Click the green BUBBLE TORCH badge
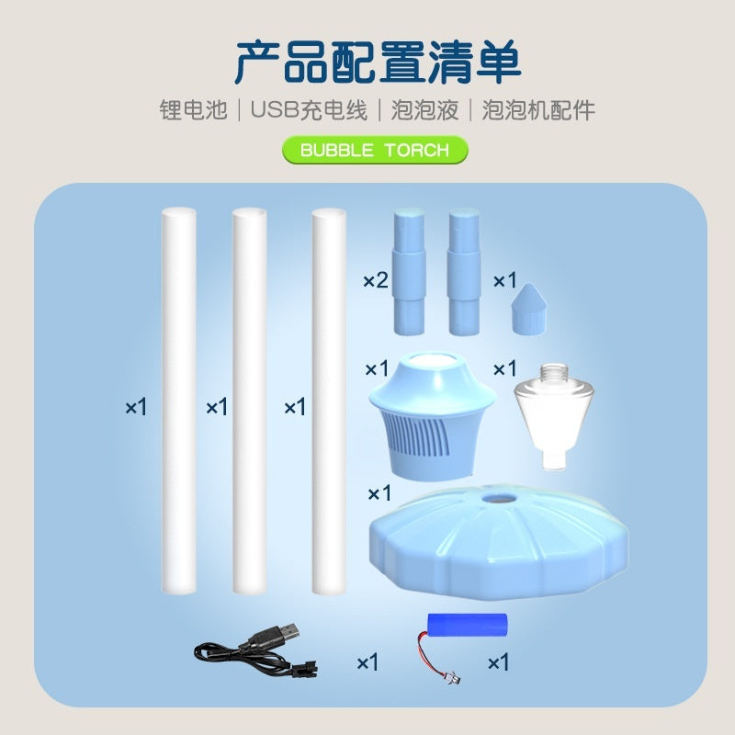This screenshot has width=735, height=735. (375, 150)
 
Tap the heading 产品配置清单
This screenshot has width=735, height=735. (378, 62)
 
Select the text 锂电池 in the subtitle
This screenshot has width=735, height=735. (193, 110)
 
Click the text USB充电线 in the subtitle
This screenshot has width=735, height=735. (309, 110)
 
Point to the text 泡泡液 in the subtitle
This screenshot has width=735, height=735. (424, 110)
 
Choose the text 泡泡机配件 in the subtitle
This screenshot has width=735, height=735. (538, 110)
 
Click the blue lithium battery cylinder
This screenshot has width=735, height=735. (468, 624)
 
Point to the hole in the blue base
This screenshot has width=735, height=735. (498, 499)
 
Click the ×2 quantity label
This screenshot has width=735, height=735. (376, 280)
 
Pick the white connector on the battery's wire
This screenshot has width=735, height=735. (451, 679)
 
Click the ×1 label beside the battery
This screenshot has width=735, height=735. (498, 662)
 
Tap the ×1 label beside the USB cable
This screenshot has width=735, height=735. (367, 662)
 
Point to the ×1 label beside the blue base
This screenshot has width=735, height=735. (379, 493)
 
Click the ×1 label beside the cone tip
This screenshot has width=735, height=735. (504, 280)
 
